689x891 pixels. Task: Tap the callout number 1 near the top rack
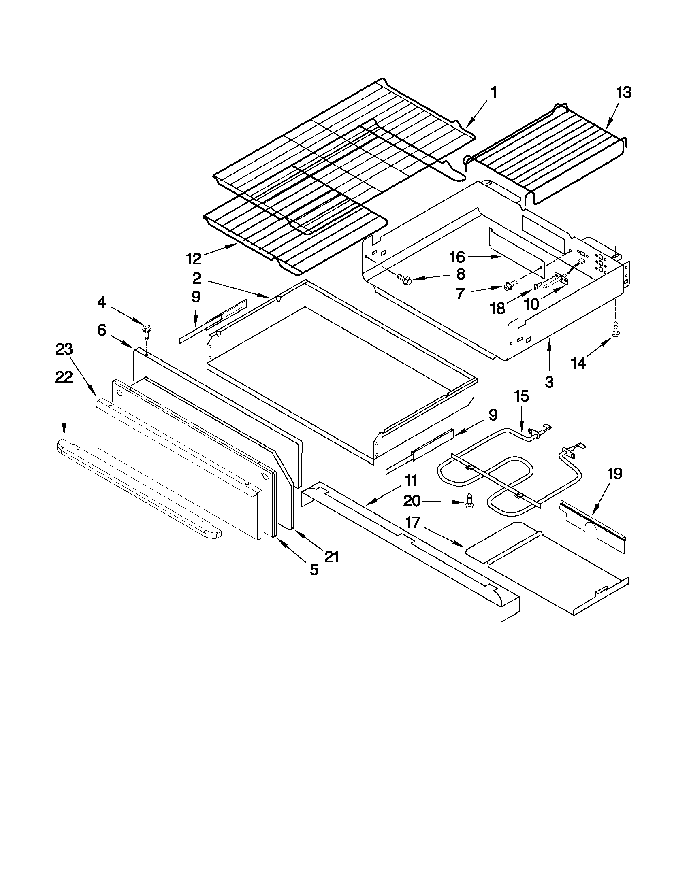coord(493,93)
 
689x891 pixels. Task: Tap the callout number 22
coord(64,377)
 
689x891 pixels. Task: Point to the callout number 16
coord(458,257)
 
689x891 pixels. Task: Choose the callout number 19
coord(614,474)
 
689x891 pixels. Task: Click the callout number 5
coord(314,570)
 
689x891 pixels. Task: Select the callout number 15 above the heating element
coord(522,396)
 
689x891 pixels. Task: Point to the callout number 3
coord(549,382)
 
